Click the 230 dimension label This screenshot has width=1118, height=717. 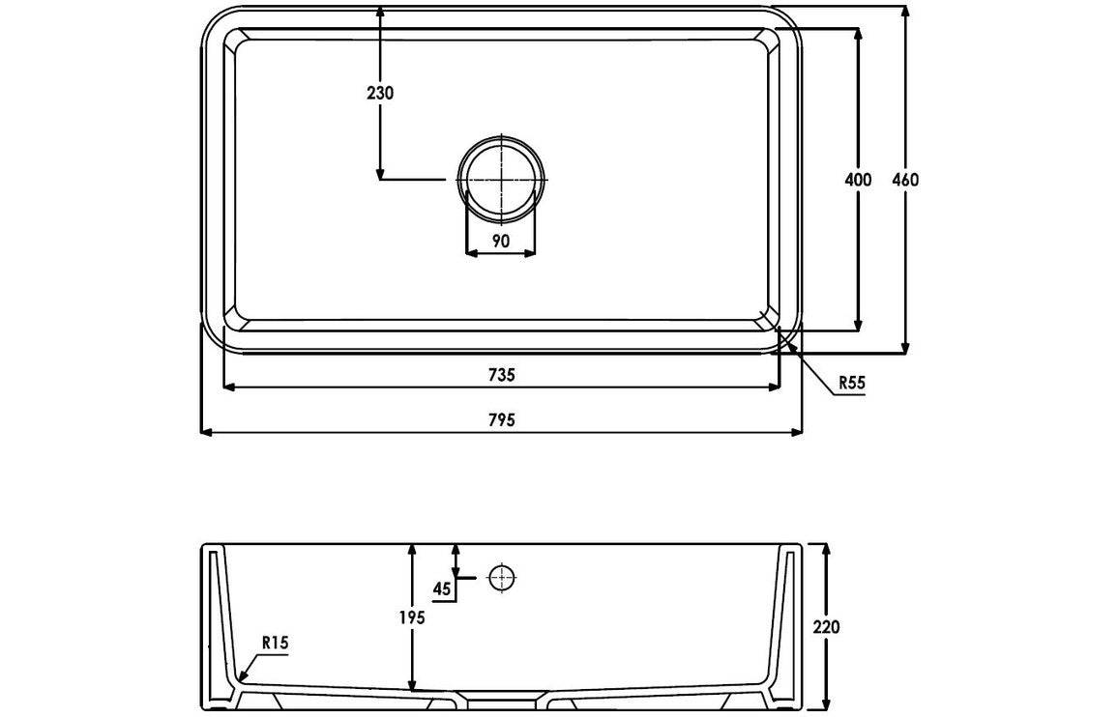tap(380, 93)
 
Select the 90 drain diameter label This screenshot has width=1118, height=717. tap(501, 241)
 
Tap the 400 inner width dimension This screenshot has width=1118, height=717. tap(858, 180)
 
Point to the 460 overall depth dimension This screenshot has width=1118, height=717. tap(905, 180)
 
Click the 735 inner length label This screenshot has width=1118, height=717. tap(501, 374)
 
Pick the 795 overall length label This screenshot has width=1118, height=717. tap(501, 420)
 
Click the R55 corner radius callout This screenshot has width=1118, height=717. tap(851, 383)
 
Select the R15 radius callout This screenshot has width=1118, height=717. tap(276, 643)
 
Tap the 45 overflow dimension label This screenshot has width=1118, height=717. tap(442, 588)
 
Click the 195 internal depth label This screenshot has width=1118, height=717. tap(411, 617)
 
